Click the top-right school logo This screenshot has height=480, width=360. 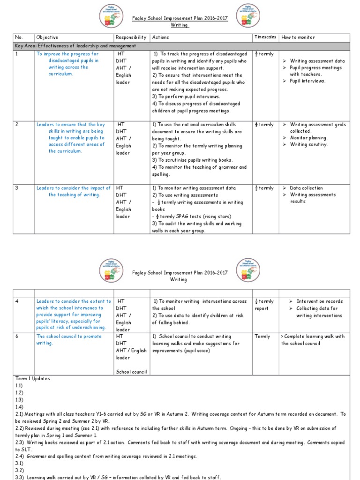coord(248,16)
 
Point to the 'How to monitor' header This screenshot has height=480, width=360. coord(298,37)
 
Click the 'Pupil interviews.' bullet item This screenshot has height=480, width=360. coord(307,81)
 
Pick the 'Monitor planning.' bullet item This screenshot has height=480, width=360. coord(308,138)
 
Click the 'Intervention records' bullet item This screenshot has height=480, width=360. coord(319,301)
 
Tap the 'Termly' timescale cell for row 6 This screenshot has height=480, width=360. coord(262,337)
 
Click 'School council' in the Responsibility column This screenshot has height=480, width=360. coord(132,372)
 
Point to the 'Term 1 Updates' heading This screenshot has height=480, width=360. coord(33,378)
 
